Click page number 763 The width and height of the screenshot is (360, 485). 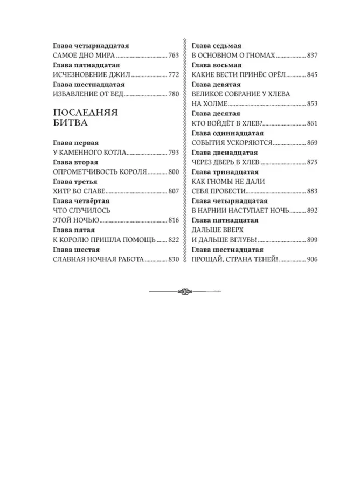174,55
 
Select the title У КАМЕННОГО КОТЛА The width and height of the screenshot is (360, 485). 89,153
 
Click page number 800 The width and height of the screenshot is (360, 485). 174,172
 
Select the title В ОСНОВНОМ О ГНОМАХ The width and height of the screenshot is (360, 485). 234,55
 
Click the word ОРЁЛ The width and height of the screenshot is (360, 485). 278,74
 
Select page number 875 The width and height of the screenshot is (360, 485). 313,162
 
